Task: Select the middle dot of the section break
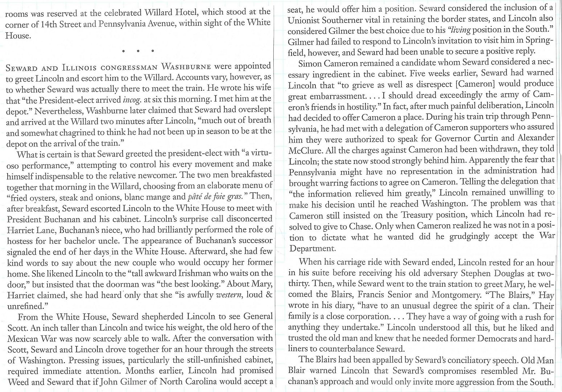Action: [138, 51]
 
